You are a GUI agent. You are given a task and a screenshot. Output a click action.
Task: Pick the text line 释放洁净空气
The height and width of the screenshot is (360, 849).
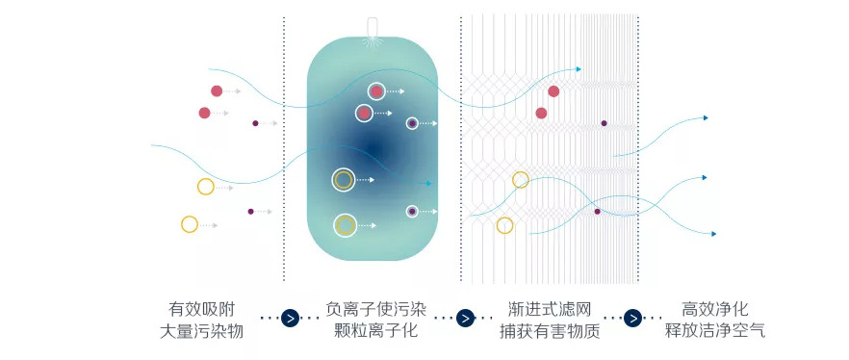point(714,331)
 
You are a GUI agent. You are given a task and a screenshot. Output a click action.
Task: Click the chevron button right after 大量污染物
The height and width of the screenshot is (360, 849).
point(290,319)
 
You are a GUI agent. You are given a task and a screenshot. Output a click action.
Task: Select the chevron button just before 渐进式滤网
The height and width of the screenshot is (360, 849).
point(465,319)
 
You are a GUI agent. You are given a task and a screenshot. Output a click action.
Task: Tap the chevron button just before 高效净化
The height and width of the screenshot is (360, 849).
point(632,319)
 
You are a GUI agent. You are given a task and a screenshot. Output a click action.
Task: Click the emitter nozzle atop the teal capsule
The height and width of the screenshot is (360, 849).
point(372,29)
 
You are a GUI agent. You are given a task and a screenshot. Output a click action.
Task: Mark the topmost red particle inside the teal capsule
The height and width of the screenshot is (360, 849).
point(376,90)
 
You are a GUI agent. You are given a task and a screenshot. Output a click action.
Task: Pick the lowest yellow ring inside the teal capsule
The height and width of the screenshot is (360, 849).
point(345,225)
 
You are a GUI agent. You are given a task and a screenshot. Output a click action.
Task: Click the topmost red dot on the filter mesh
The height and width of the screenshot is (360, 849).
point(553,91)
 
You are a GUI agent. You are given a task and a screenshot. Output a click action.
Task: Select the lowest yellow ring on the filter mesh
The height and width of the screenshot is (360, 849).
point(504,225)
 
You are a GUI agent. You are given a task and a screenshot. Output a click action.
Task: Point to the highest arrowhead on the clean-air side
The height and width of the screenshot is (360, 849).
point(705,117)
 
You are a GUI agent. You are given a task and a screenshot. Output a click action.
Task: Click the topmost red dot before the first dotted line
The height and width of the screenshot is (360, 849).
point(217,90)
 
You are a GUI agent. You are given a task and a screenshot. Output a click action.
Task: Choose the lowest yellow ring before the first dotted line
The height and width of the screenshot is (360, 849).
point(189,224)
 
